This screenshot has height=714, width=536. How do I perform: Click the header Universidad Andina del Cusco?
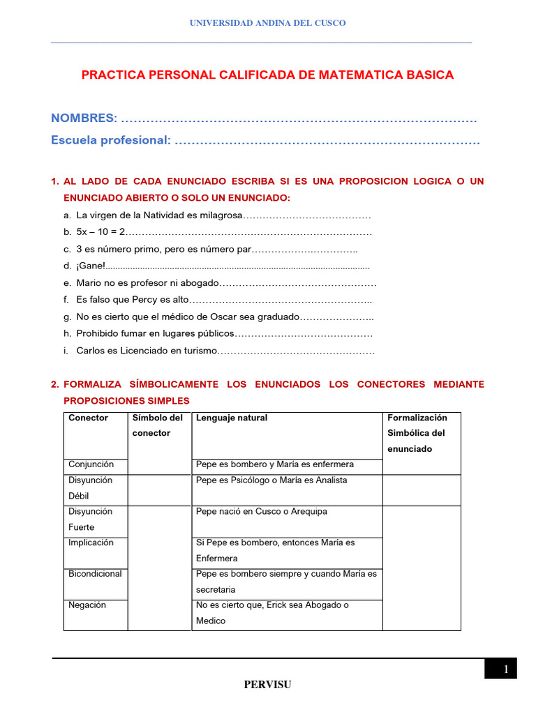tap(268, 23)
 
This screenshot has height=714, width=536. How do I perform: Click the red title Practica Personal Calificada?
tap(267, 75)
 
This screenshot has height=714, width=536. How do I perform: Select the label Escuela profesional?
tap(110, 140)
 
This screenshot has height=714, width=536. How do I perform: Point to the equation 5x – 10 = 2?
tap(100, 231)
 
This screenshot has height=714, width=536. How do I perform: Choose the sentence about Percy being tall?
tap(133, 300)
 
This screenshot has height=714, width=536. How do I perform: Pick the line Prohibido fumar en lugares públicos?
tap(155, 334)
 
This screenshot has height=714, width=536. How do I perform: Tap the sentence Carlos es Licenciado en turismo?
tap(147, 351)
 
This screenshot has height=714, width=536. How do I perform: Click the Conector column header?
tap(88, 418)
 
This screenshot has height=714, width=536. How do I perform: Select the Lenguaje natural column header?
tap(232, 418)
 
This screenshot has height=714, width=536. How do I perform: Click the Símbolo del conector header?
tap(157, 425)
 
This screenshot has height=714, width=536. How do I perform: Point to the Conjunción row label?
tap(91, 464)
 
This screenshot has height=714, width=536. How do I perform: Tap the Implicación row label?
tap(91, 542)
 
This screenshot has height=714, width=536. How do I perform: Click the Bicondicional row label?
tap(95, 574)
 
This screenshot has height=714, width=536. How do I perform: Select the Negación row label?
tap(87, 605)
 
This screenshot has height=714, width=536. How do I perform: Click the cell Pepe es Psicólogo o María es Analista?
tap(271, 480)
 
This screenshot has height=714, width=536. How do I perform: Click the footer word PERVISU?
tap(267, 685)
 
